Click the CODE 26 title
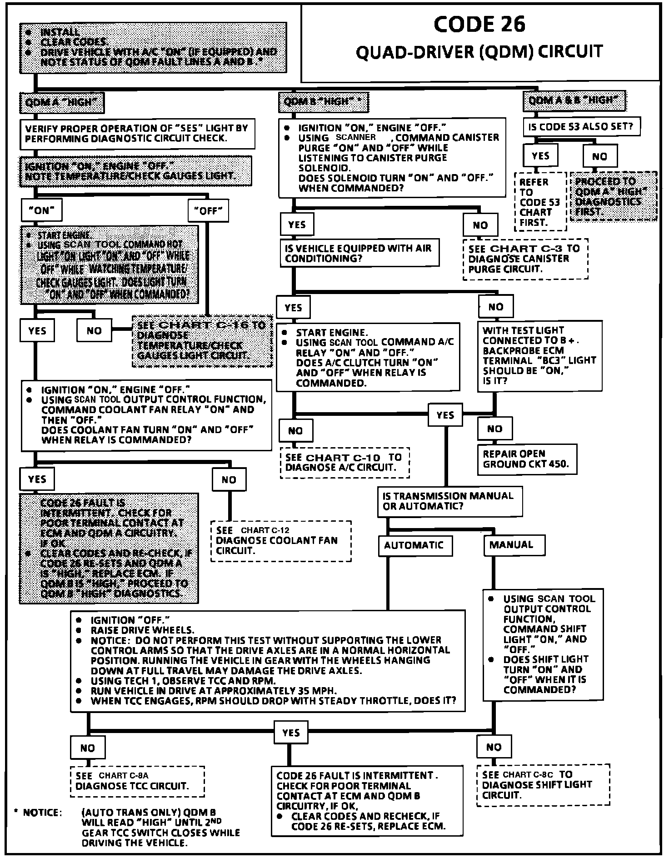(x=479, y=25)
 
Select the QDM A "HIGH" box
(x=62, y=103)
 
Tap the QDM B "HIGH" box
(x=323, y=102)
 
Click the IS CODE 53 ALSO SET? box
(x=581, y=126)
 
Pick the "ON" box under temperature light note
(x=42, y=210)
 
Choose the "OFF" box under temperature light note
(x=208, y=211)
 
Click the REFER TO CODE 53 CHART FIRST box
(x=540, y=202)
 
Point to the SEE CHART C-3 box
(x=525, y=259)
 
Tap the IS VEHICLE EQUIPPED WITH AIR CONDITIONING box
(x=359, y=253)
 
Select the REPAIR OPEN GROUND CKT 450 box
(x=527, y=459)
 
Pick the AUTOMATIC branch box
(x=414, y=545)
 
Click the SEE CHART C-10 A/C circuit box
(x=344, y=462)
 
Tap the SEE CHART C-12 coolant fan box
(x=280, y=540)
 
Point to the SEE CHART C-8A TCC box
(x=137, y=781)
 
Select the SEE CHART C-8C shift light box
(x=543, y=785)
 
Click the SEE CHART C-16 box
(x=202, y=340)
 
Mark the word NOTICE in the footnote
(x=42, y=813)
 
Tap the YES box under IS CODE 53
(x=540, y=156)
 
